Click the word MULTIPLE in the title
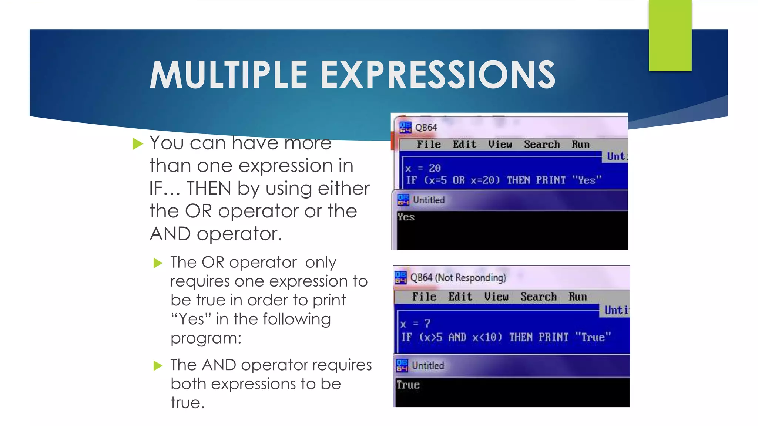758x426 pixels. (x=228, y=75)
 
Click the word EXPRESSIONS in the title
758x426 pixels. (x=438, y=75)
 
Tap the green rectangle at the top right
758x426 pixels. (x=670, y=35)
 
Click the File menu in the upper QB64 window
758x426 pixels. (x=429, y=145)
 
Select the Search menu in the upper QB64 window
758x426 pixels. (x=541, y=145)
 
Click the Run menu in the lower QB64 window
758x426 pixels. (x=577, y=297)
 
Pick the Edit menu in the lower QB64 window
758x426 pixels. (x=460, y=297)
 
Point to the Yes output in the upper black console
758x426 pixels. (x=406, y=217)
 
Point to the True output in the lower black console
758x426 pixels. (x=408, y=385)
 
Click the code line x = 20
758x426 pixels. (x=423, y=169)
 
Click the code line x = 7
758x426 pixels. (x=415, y=324)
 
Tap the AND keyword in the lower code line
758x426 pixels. (x=457, y=338)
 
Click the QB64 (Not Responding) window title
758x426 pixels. (x=458, y=278)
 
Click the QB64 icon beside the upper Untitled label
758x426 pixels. (x=403, y=200)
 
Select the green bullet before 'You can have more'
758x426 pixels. (x=137, y=144)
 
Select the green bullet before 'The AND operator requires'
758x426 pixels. (x=158, y=366)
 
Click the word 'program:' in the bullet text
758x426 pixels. (x=206, y=338)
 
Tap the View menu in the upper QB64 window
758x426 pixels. (x=500, y=145)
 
